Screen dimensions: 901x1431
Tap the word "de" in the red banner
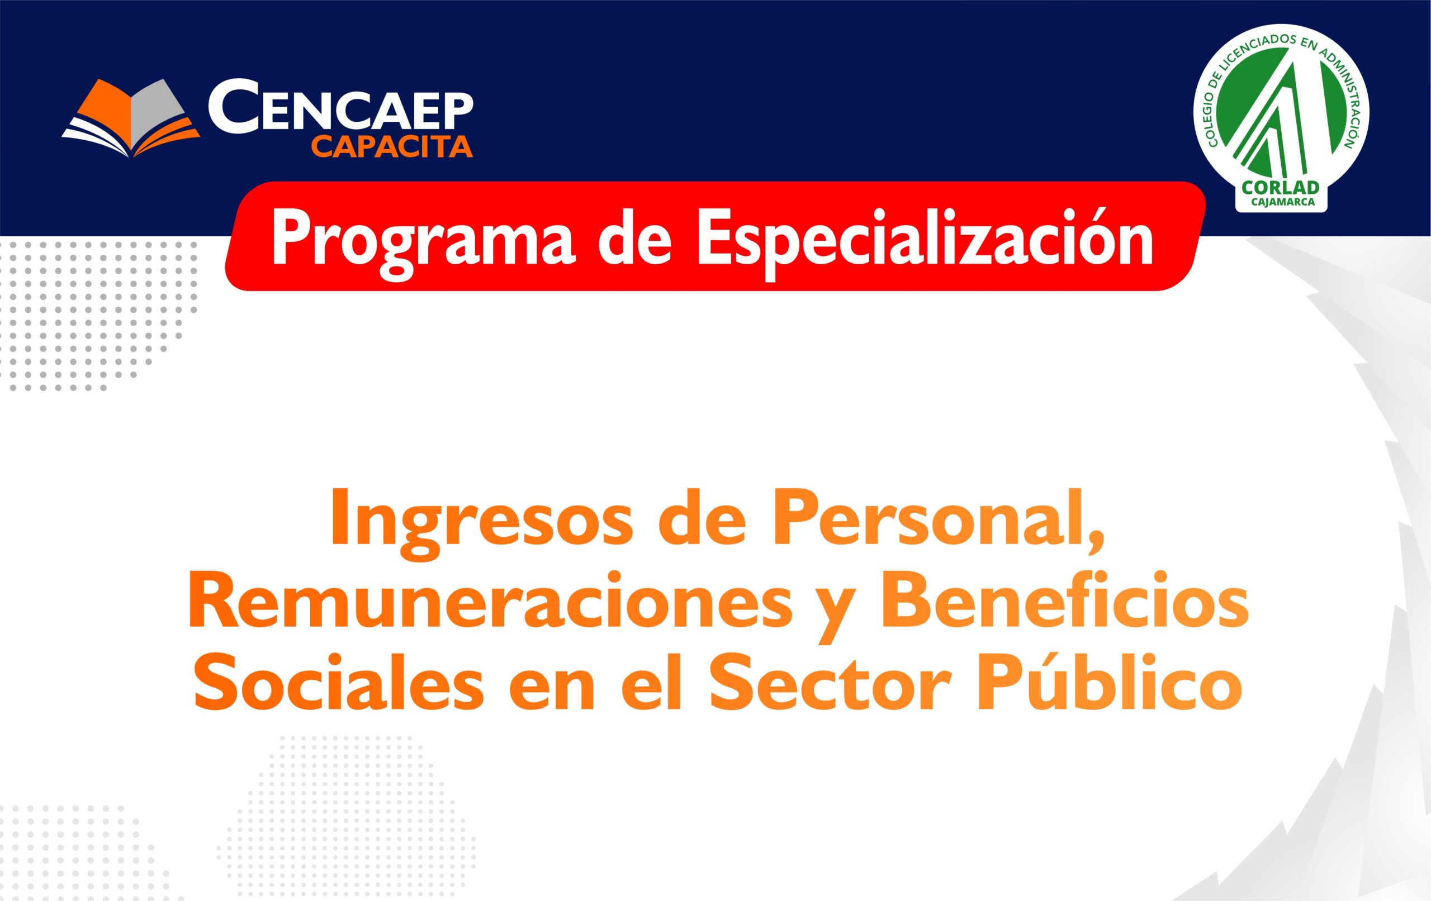click(x=635, y=242)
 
